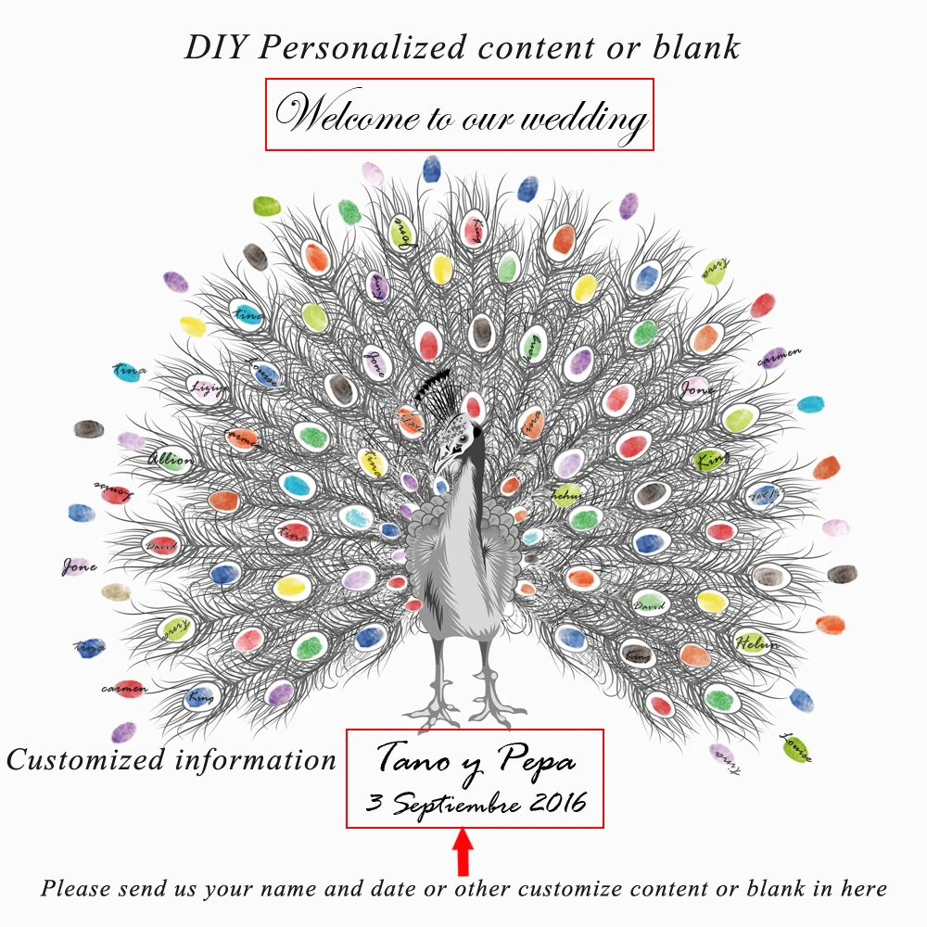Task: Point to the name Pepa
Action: [x=537, y=762]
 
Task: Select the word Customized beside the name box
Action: [x=85, y=760]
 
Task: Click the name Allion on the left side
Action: [x=171, y=459]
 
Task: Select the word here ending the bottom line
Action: [x=863, y=888]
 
